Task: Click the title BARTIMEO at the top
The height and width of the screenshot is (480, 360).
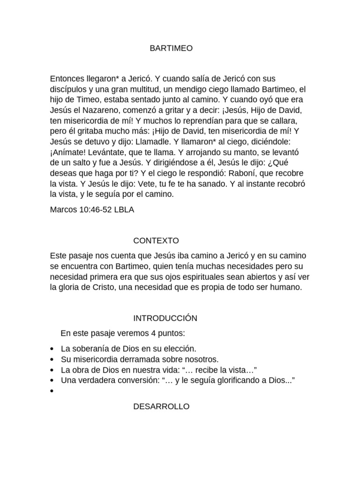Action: [171, 48]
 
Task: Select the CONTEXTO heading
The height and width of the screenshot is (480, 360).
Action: [156, 241]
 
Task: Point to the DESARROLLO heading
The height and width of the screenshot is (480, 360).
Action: [161, 406]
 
